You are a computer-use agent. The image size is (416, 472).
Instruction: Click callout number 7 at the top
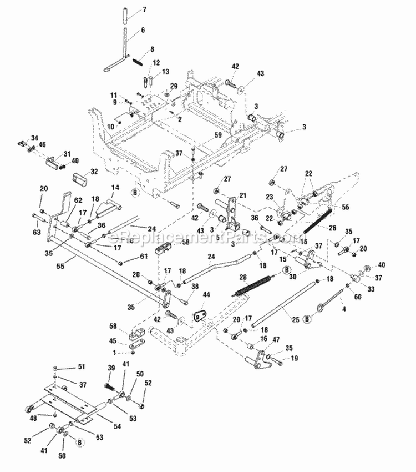tap(145, 10)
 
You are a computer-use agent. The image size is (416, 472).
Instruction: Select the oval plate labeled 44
tap(201, 316)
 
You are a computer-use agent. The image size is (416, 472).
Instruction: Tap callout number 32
tap(94, 172)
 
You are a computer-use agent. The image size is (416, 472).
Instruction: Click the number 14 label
tap(116, 188)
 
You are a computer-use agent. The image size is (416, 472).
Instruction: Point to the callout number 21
tap(242, 195)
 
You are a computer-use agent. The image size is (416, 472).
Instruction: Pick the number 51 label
tap(82, 367)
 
